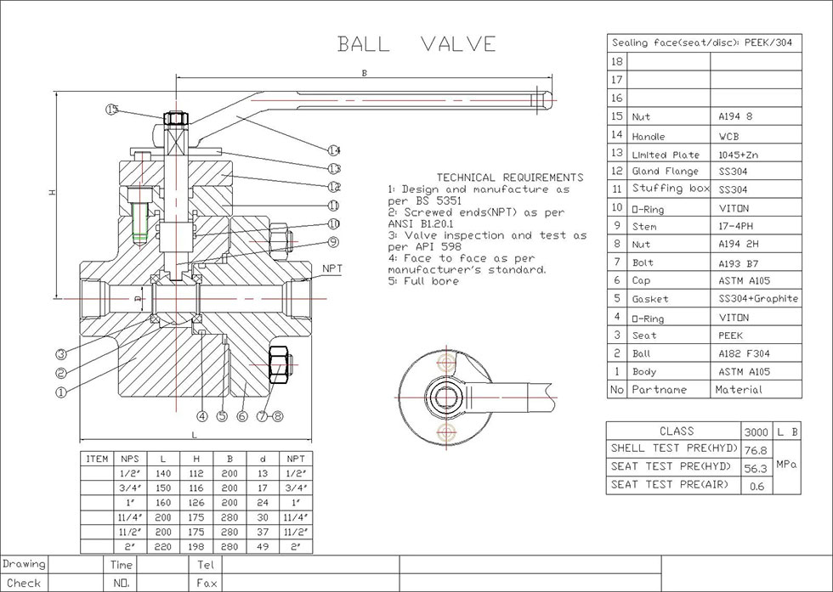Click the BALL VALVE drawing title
click(416, 44)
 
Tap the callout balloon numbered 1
click(60, 392)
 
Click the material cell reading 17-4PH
click(735, 227)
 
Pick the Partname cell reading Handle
click(649, 136)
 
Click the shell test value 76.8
click(756, 449)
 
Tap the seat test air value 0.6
click(756, 487)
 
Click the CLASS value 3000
click(756, 431)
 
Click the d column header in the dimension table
click(263, 459)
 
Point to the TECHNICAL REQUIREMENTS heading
click(509, 177)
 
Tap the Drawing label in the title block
click(24, 564)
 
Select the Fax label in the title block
click(207, 584)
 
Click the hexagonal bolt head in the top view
click(445, 396)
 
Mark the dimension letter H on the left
click(52, 194)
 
